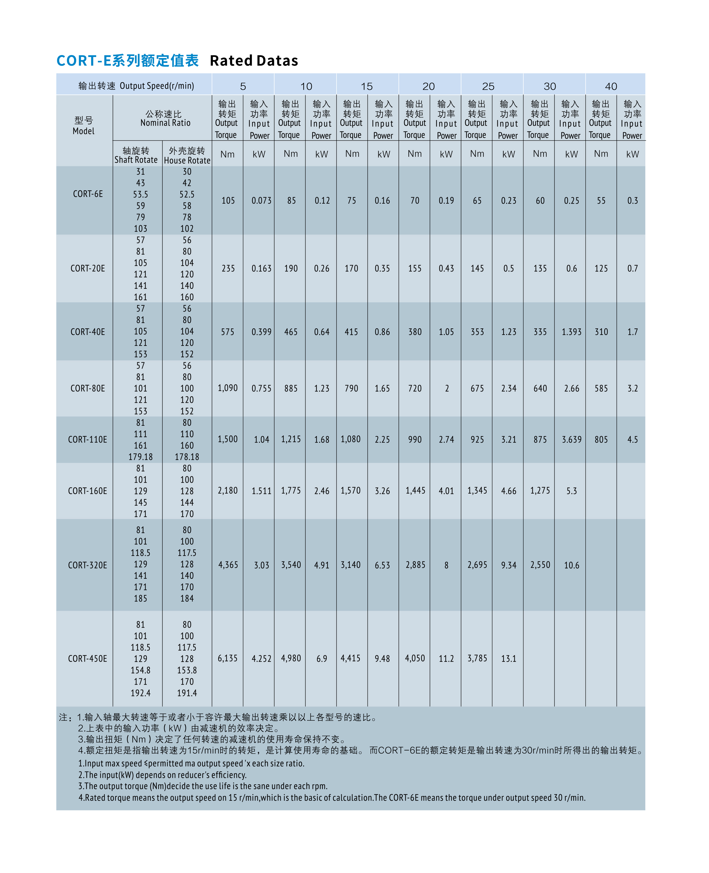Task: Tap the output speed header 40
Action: [611, 87]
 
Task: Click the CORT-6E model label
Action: [88, 194]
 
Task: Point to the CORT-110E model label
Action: [88, 440]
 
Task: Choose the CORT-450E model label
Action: [88, 659]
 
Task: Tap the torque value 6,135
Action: [227, 658]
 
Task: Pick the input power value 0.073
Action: [261, 201]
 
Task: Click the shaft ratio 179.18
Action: [141, 457]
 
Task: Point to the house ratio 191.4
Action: [187, 693]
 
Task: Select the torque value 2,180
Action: [227, 490]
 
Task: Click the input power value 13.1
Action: [508, 659]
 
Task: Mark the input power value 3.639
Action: [571, 440]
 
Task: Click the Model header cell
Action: [84, 126]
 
